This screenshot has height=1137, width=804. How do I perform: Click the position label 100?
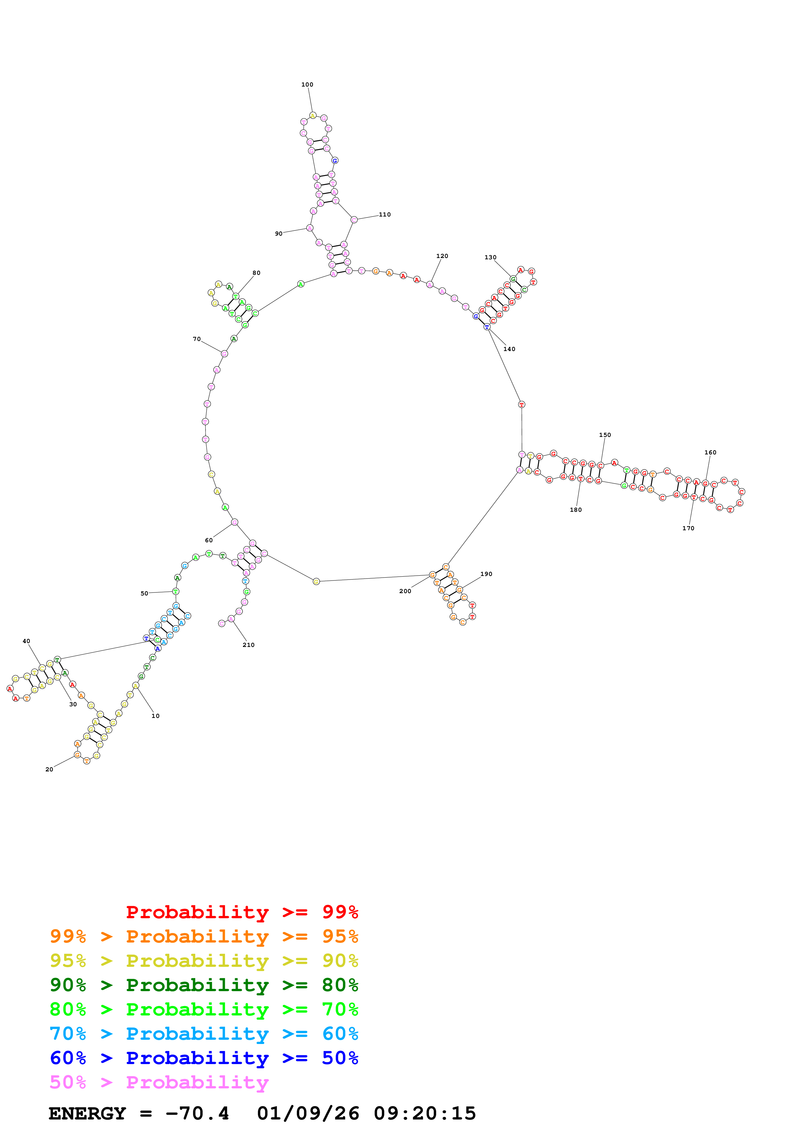pyautogui.click(x=307, y=85)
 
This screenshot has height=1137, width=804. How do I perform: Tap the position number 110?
pyautogui.click(x=385, y=215)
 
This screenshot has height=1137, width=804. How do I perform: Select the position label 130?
pyautogui.click(x=490, y=257)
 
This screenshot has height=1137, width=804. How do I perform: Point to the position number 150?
pyautogui.click(x=605, y=435)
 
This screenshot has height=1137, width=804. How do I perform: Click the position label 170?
pyautogui.click(x=688, y=528)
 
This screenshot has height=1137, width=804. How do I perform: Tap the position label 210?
pyautogui.click(x=248, y=645)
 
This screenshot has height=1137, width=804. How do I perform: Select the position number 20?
pyautogui.click(x=49, y=769)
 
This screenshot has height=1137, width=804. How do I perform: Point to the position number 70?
pyautogui.click(x=197, y=339)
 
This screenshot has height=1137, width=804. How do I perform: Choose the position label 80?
pyautogui.click(x=256, y=273)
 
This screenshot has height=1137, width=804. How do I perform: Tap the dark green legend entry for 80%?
pyautogui.click(x=204, y=985)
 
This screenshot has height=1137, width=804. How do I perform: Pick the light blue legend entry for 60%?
pyautogui.click(x=204, y=1034)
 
